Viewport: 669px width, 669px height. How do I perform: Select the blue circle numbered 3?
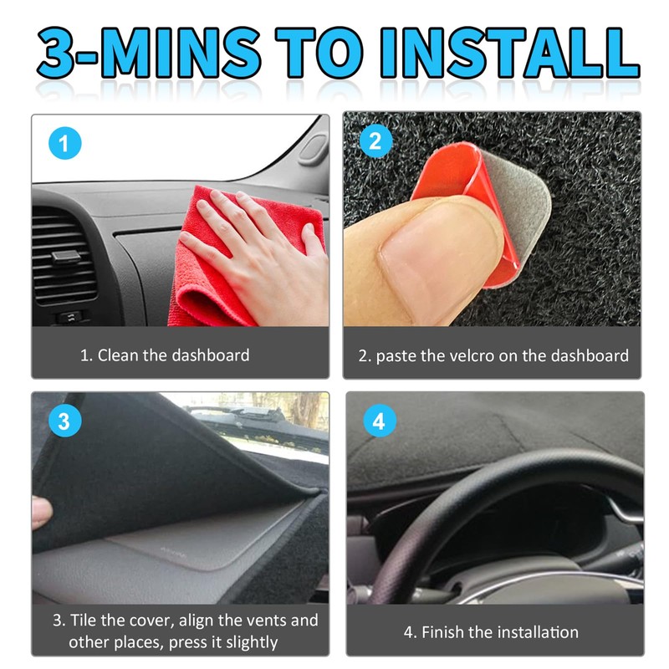64,421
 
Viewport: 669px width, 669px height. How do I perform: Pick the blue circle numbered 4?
379,421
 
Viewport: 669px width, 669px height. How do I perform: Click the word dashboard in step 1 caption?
211,355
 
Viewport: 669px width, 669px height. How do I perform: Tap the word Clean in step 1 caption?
118,355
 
